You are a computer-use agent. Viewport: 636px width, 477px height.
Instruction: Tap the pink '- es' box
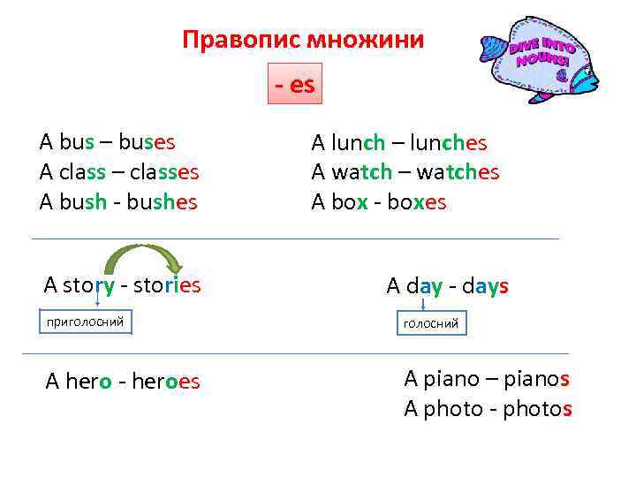point(294,84)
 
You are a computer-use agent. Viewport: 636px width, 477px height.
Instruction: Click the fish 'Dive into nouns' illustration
point(538,58)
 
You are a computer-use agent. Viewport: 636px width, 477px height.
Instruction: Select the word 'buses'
point(146,142)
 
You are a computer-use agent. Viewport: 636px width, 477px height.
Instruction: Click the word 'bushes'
point(159,202)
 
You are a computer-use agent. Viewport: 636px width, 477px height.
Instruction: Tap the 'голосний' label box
point(430,324)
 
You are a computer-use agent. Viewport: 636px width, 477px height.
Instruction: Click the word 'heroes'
point(167,382)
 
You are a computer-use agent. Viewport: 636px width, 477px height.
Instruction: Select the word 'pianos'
point(527,379)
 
